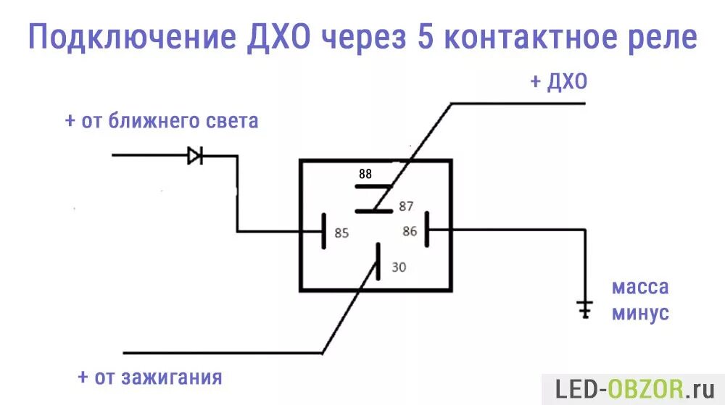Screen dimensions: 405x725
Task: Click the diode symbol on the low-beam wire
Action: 194,155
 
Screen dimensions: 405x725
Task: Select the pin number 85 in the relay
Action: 341,233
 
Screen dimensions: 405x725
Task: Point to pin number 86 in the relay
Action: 410,232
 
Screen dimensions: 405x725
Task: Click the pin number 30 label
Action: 399,267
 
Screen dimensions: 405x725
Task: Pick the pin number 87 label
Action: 406,206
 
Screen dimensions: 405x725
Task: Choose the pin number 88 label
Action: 365,174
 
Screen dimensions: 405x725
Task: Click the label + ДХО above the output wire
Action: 558,83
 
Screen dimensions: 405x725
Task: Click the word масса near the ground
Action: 639,287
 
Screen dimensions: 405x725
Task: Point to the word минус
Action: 639,314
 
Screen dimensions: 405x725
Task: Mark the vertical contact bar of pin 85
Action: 323,232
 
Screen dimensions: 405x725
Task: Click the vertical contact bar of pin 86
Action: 428,230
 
